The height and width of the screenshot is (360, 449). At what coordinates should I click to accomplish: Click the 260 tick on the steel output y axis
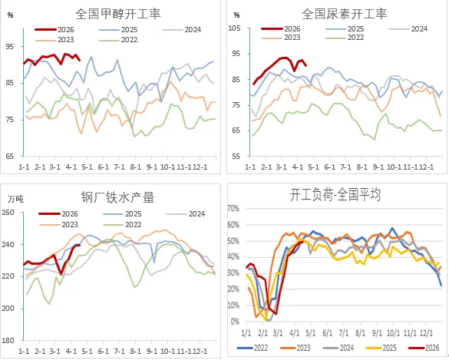click(10, 212)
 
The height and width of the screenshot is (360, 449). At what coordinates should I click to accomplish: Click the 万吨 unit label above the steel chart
click(15, 199)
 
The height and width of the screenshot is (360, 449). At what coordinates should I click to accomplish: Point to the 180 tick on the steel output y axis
click(10, 340)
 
